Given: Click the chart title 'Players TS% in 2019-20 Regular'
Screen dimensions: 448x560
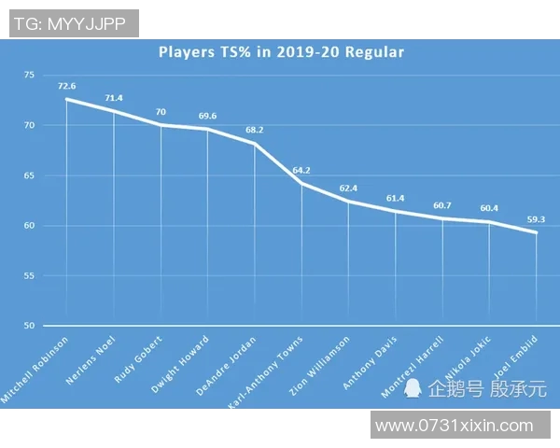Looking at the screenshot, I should (x=280, y=52).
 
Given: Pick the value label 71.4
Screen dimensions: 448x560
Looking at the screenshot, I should (x=114, y=97).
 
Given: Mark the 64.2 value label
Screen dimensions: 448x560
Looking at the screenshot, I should (x=301, y=171).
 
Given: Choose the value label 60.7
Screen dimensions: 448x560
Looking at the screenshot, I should (x=442, y=205).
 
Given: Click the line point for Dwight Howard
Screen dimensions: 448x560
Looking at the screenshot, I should (x=207, y=130).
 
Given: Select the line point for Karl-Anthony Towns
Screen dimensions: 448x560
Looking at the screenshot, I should (x=301, y=183).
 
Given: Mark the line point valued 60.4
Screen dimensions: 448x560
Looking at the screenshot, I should (x=489, y=223).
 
